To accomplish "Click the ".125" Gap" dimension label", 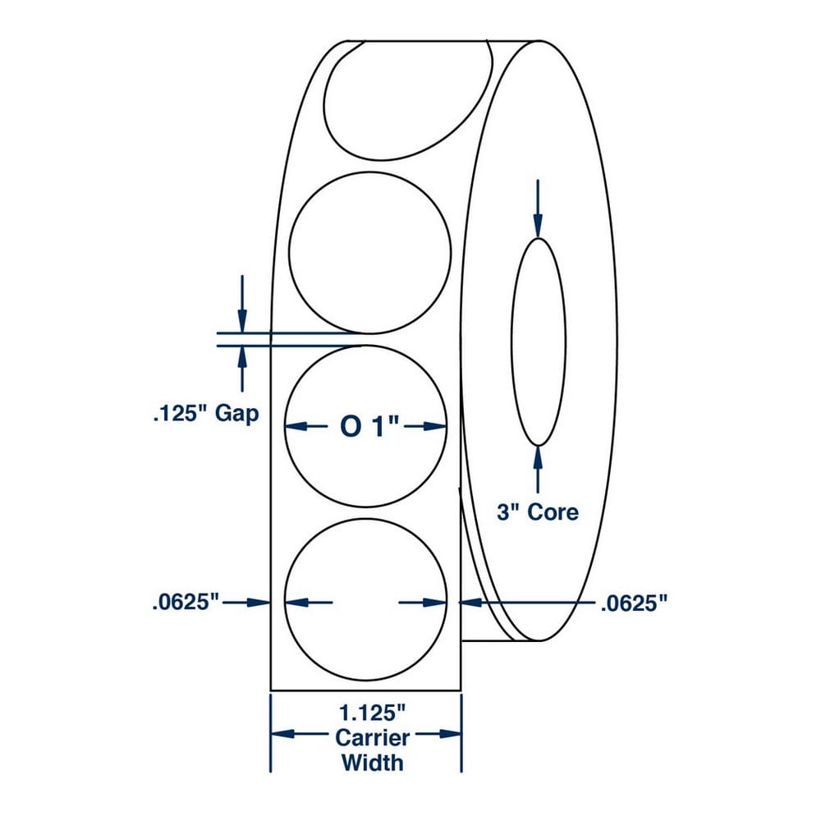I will tap(205, 413).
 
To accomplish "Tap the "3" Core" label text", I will tap(538, 512).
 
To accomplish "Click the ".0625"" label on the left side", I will tap(186, 603).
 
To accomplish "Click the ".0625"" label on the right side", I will tap(632, 604).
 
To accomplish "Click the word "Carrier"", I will tap(372, 737).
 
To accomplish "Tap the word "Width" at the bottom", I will tap(372, 762).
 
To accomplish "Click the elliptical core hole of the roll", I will tap(538, 341).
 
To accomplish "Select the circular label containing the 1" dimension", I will tap(366, 460).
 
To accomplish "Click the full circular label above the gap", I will tap(370, 254).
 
